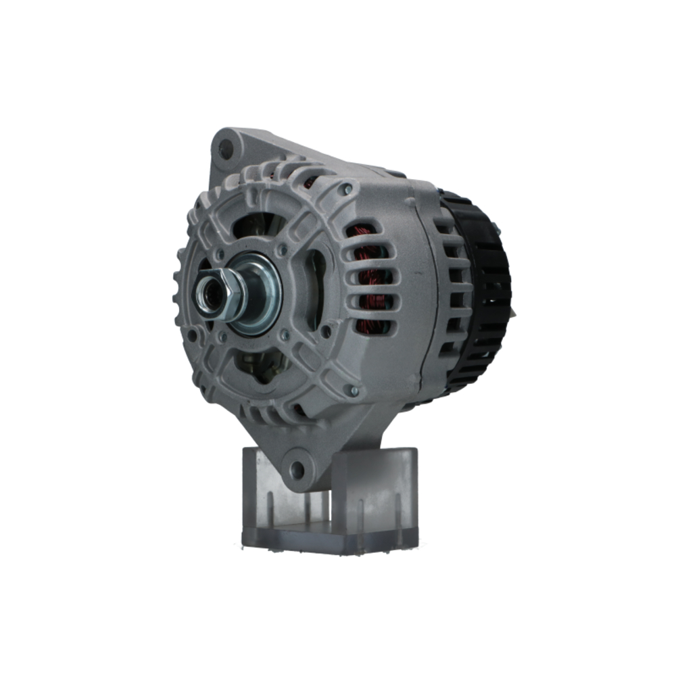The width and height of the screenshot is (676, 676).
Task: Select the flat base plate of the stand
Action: pos(318,541)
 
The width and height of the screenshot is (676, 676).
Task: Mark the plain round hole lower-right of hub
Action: pos(327,331)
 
